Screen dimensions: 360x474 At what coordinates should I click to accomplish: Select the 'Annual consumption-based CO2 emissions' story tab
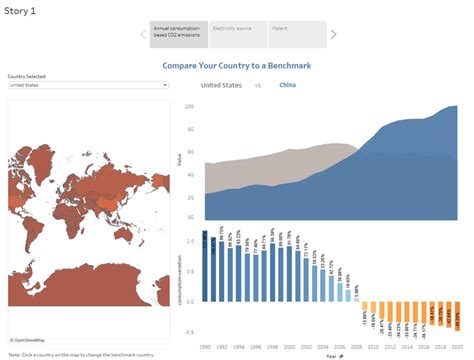(179, 34)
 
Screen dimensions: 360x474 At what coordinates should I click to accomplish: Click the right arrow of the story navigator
(334, 34)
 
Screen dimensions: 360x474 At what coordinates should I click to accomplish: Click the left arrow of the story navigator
(142, 34)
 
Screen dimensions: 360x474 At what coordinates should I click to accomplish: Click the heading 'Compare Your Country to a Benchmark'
(236, 66)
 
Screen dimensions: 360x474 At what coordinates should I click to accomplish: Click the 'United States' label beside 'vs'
(222, 86)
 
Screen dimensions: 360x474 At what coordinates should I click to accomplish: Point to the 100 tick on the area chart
(190, 105)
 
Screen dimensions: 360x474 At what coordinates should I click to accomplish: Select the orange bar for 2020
(456, 316)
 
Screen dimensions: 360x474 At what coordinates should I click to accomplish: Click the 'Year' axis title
(331, 353)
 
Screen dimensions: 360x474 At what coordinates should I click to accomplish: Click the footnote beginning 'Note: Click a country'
(81, 354)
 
